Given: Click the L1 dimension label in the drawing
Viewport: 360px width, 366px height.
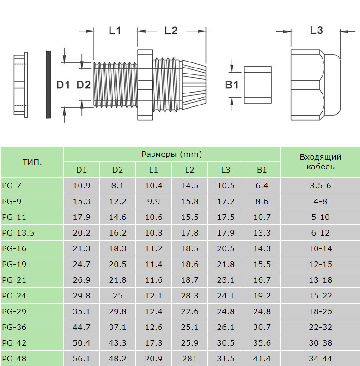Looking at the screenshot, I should point(115,31).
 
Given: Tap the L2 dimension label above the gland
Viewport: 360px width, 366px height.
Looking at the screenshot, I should point(171,31).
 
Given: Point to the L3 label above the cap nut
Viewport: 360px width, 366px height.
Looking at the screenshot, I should point(316,31).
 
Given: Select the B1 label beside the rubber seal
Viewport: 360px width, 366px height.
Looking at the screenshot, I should point(232,85).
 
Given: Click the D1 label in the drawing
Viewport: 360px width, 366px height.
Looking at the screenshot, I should point(63,85).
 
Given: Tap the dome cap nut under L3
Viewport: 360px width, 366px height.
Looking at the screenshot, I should point(314,85).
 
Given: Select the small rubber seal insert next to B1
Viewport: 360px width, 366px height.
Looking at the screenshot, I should point(257,85).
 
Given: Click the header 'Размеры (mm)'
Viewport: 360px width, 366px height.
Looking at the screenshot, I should point(171,154).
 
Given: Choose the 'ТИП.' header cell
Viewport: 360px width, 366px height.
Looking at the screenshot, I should point(32,162).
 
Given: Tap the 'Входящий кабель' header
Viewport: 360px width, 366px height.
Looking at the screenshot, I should point(320,162).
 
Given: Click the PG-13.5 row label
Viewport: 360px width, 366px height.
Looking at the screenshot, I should point(18,233).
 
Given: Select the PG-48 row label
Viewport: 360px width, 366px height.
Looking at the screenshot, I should point(14,359).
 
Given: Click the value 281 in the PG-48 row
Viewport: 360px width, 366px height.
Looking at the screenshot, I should point(189,359).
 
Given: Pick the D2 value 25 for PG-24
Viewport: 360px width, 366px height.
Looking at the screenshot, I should point(117,296).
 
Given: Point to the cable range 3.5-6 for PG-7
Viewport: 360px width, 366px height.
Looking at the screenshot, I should point(320,186).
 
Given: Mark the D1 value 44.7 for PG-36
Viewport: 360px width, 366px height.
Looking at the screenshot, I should point(81,327).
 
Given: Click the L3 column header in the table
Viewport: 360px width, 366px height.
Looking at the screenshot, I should point(226,170).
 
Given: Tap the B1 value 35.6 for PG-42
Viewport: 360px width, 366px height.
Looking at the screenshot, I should point(262,343).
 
